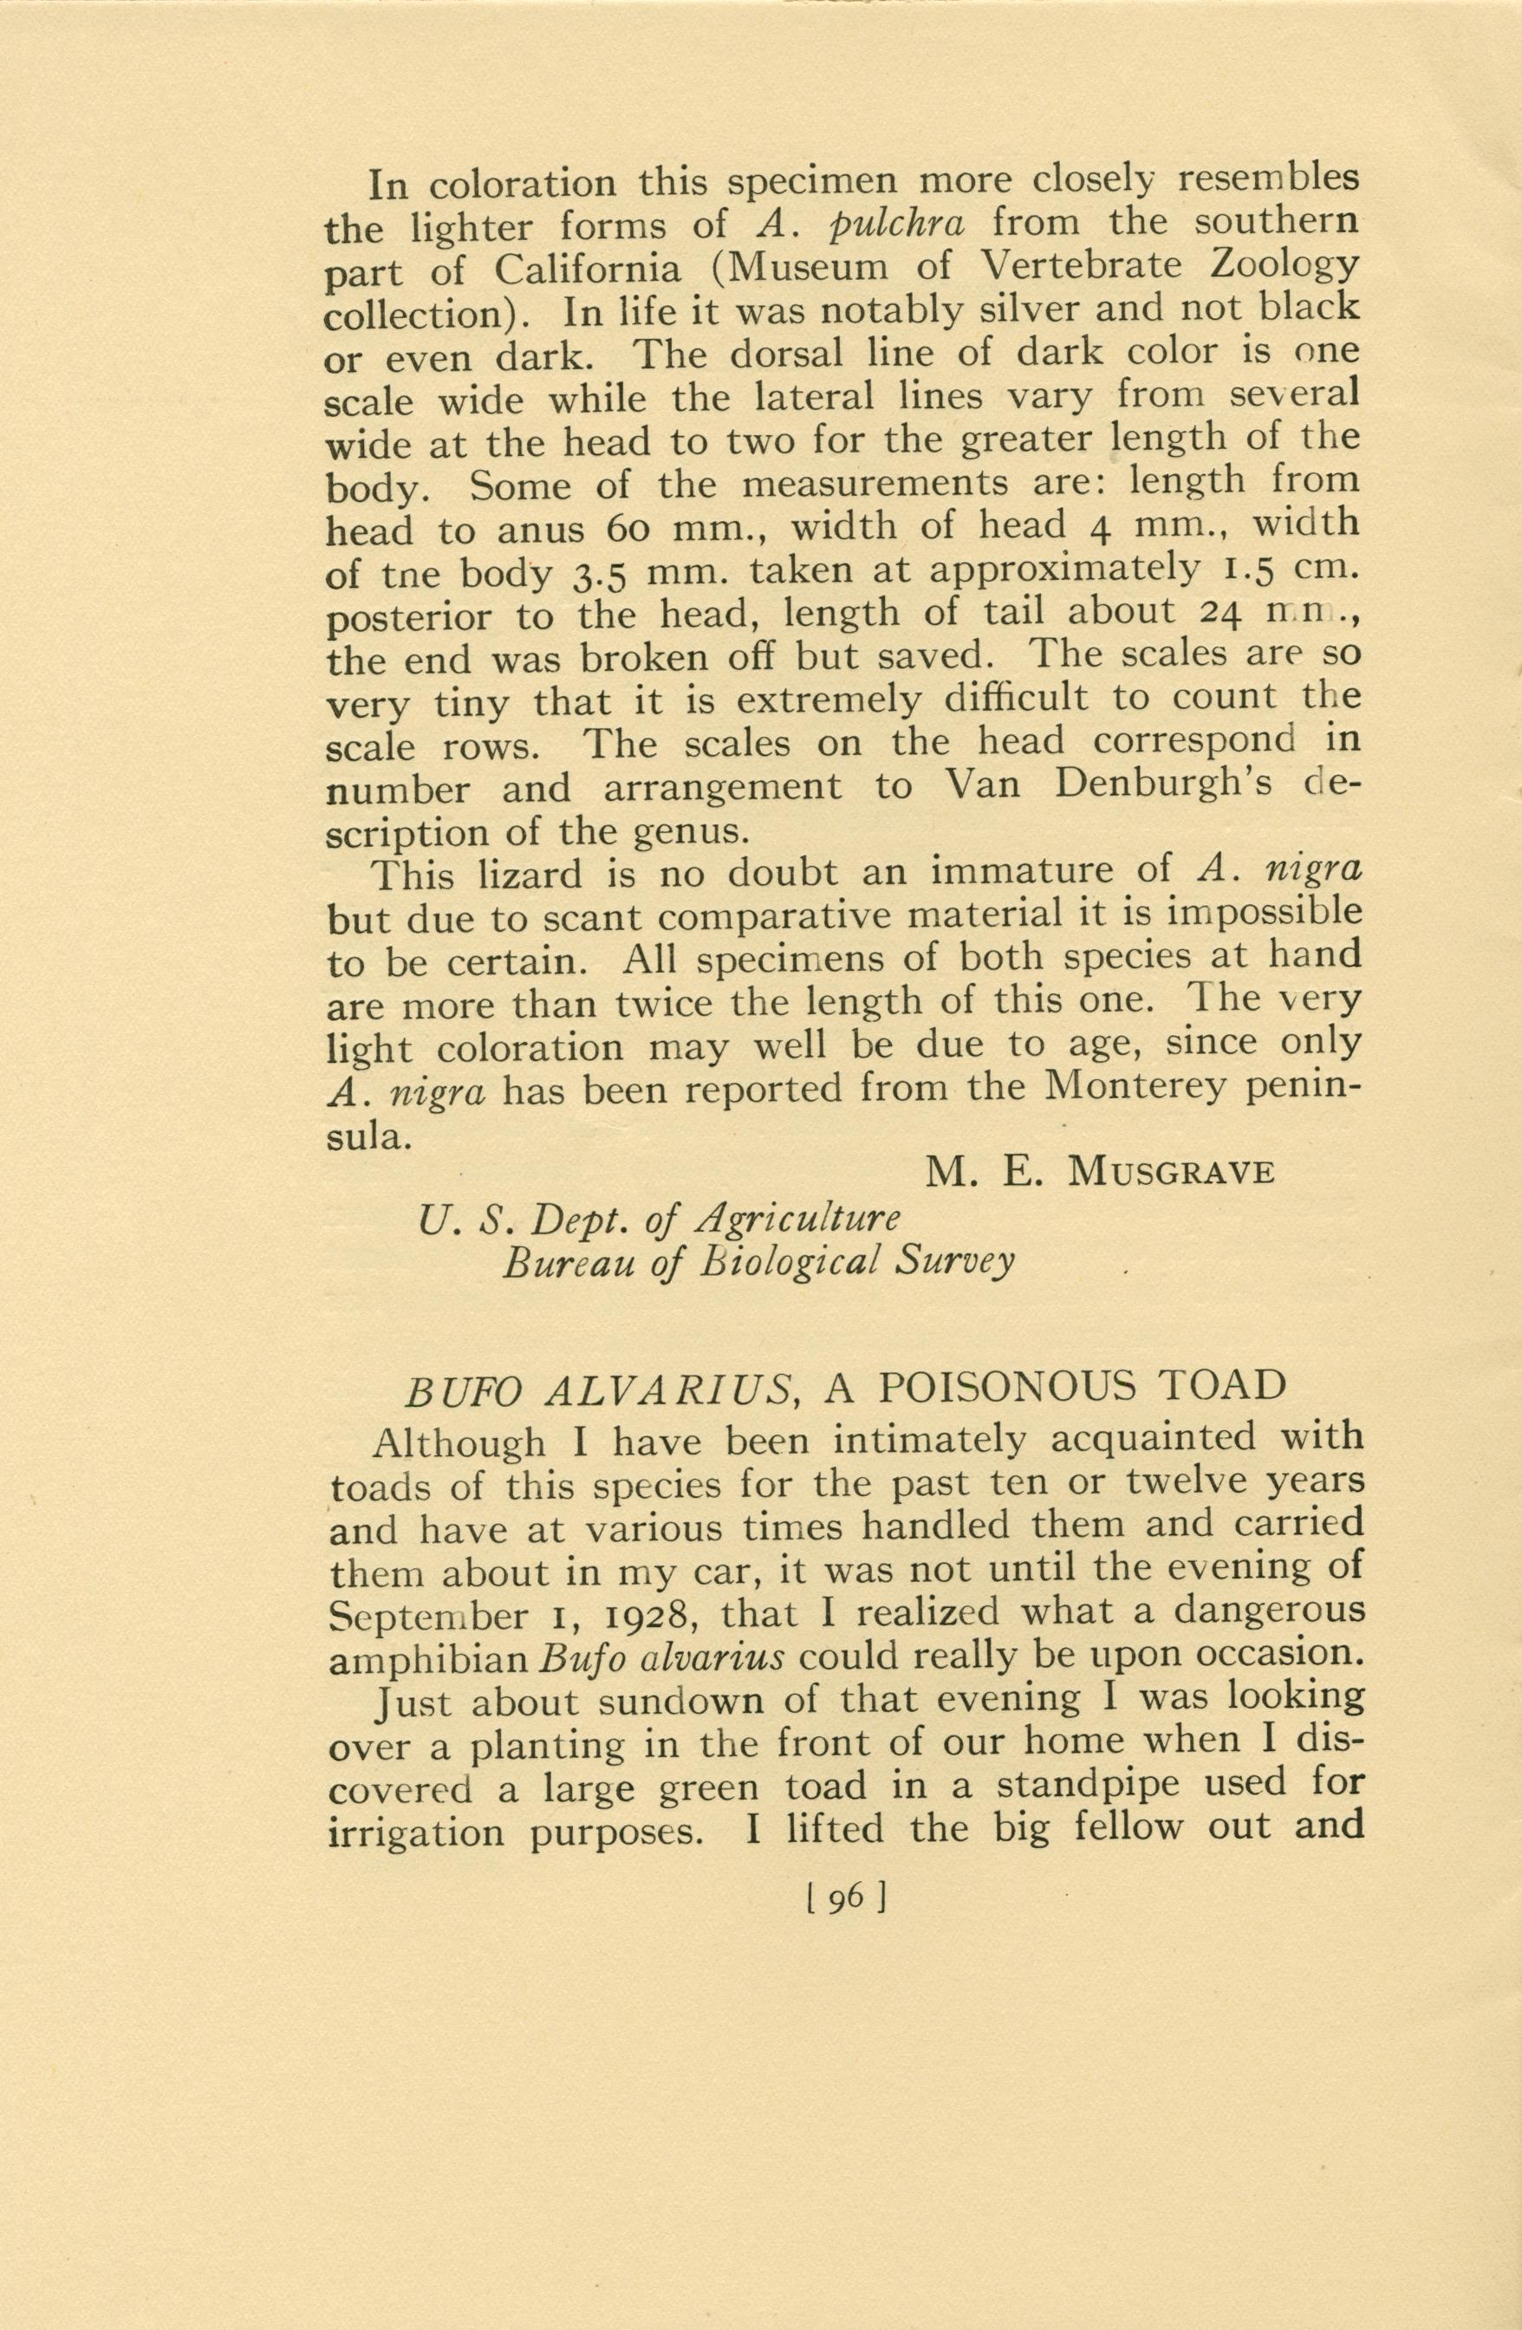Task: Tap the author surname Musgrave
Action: tap(1171, 1172)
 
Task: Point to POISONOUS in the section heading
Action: tap(982, 1386)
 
